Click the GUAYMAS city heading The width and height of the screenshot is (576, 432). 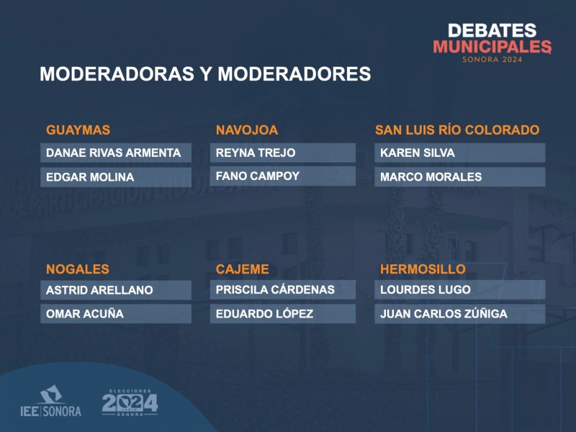(x=78, y=130)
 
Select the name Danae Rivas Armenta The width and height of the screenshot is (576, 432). (x=113, y=153)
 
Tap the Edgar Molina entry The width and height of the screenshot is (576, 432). (x=90, y=177)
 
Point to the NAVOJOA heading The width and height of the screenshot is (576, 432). (x=247, y=130)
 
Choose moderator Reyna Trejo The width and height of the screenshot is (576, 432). (x=256, y=153)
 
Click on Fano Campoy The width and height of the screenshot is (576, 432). (x=258, y=176)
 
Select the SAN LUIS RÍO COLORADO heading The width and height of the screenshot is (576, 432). (x=457, y=130)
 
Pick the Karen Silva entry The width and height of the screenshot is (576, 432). (x=418, y=153)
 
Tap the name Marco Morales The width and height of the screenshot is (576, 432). (x=431, y=177)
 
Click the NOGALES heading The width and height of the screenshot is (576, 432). (x=78, y=269)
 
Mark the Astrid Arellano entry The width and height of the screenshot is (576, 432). (x=99, y=290)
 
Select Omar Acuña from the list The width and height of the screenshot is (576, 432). (x=85, y=313)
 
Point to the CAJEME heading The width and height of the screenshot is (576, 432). (x=243, y=269)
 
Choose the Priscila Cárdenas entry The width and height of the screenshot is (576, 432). (x=275, y=289)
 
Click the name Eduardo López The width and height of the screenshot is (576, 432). (x=264, y=313)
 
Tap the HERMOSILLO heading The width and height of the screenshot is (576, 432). (x=423, y=269)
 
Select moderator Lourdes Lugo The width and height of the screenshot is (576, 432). (x=426, y=289)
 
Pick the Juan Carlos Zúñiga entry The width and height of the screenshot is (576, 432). (x=444, y=313)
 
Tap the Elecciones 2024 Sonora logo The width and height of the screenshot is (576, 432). (x=130, y=402)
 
